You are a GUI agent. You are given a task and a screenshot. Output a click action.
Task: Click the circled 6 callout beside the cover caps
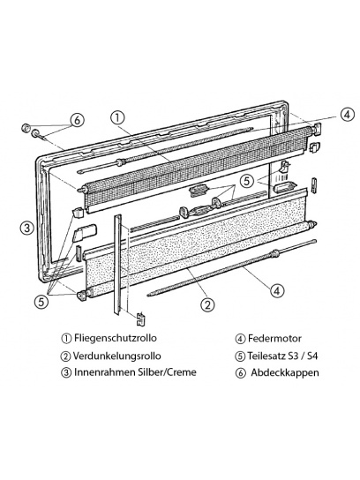(x=77, y=120)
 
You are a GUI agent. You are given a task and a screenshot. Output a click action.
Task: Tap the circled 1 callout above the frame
(x=117, y=118)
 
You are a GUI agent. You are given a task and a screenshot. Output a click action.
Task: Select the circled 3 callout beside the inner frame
(x=27, y=228)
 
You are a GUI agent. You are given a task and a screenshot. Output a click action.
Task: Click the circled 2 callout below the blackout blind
(x=207, y=304)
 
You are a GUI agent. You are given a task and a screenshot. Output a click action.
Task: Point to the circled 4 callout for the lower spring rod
(x=277, y=290)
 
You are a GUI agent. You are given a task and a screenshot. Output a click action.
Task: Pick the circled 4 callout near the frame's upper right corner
(x=347, y=115)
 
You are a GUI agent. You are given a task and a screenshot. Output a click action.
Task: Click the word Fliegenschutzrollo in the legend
(x=116, y=338)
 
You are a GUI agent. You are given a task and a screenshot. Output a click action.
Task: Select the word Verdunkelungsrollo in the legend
(x=117, y=356)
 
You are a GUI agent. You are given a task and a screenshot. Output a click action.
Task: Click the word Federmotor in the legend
(x=274, y=339)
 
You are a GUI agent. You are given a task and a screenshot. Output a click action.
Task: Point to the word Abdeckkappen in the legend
(x=285, y=372)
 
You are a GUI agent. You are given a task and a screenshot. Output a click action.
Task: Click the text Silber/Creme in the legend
(x=163, y=372)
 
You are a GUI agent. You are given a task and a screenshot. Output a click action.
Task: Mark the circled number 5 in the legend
(x=240, y=356)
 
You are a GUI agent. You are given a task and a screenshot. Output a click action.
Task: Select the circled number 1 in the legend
(x=66, y=338)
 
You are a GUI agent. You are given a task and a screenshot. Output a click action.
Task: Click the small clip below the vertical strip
(x=141, y=319)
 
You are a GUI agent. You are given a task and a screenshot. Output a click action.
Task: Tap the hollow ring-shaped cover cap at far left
(x=26, y=127)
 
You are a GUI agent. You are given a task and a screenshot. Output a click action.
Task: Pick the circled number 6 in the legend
(x=241, y=373)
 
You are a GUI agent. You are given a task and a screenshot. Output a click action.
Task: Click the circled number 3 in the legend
(x=66, y=372)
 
